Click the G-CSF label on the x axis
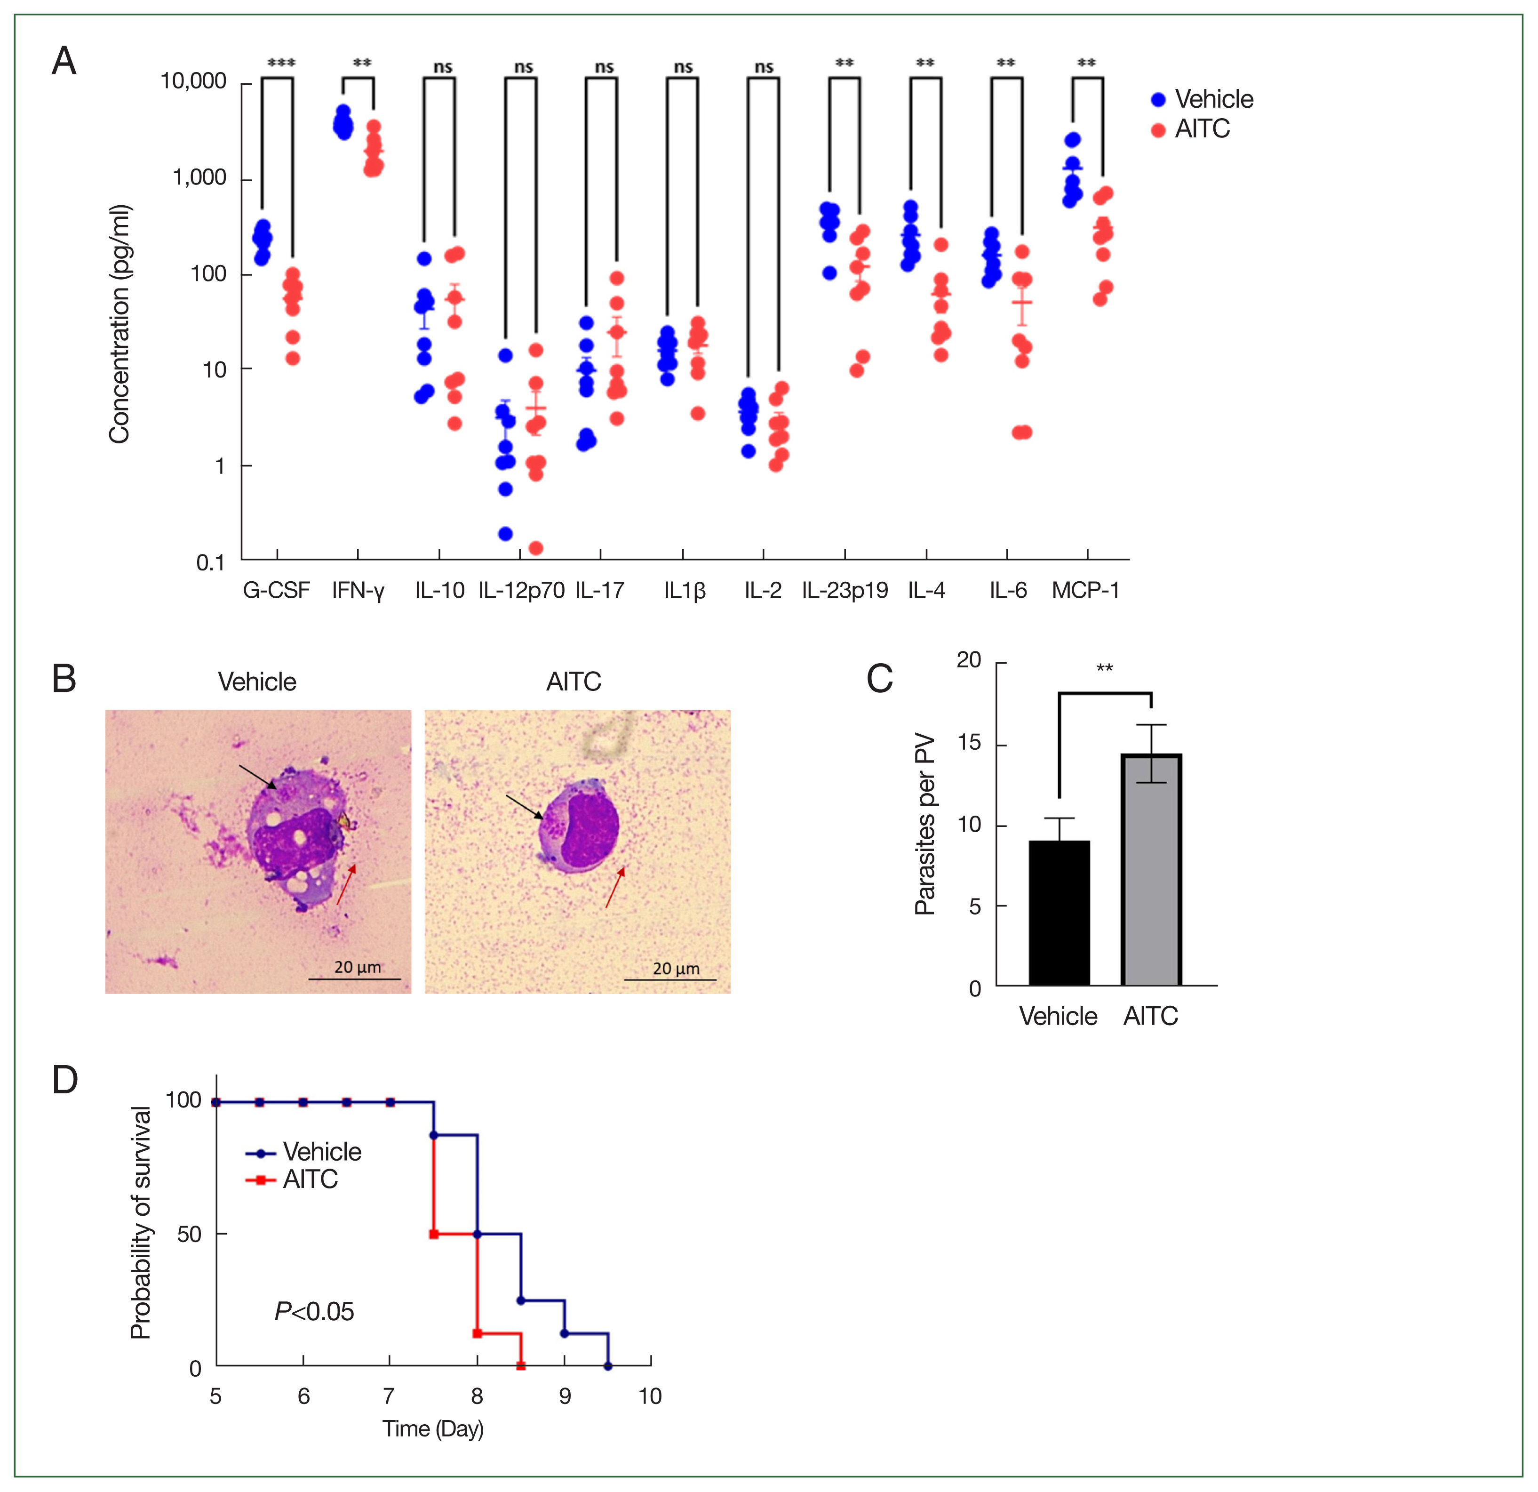point(276,590)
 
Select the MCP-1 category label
point(1085,590)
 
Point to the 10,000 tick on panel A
point(193,81)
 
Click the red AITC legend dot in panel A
point(1158,130)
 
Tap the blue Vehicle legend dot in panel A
point(1158,100)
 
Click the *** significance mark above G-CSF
point(281,63)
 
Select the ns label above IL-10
point(443,67)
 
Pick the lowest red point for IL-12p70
point(536,548)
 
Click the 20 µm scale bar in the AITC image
point(669,979)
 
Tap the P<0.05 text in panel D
point(314,1311)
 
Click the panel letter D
point(65,1080)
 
